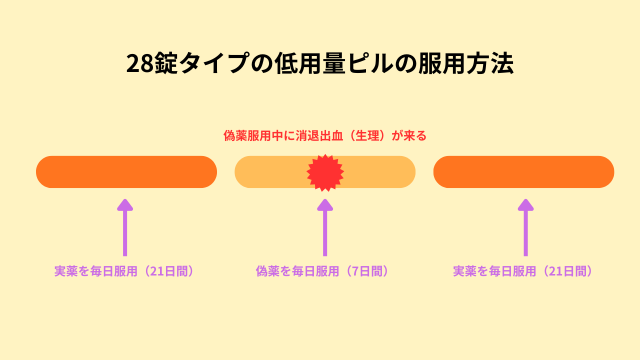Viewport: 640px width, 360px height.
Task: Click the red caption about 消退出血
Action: point(324,135)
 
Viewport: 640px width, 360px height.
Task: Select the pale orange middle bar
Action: point(270,172)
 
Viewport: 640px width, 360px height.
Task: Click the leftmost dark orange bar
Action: point(126,172)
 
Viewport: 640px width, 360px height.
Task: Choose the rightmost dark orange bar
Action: point(523,172)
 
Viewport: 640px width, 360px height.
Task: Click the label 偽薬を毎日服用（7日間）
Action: point(322,271)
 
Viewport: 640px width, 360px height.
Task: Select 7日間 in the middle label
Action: point(365,271)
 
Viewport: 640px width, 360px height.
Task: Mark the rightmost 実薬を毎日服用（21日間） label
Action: point(523,271)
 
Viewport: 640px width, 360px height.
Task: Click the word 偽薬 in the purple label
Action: point(269,271)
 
